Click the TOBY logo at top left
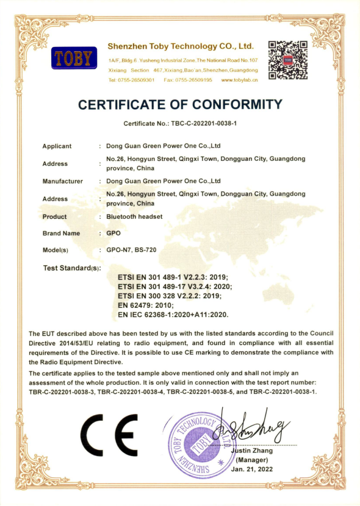pyautogui.click(x=74, y=59)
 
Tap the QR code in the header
pyautogui.click(x=288, y=60)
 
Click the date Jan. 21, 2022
pyautogui.click(x=253, y=469)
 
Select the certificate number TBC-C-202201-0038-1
pyautogui.click(x=179, y=124)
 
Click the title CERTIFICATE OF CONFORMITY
pyautogui.click(x=180, y=104)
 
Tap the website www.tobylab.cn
pyautogui.click(x=239, y=80)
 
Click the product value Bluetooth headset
pyautogui.click(x=134, y=216)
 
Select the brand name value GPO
pyautogui.click(x=114, y=233)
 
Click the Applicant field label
pyautogui.click(x=57, y=146)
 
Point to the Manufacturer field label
pyautogui.click(x=62, y=181)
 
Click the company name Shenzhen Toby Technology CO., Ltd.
pyautogui.click(x=180, y=46)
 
